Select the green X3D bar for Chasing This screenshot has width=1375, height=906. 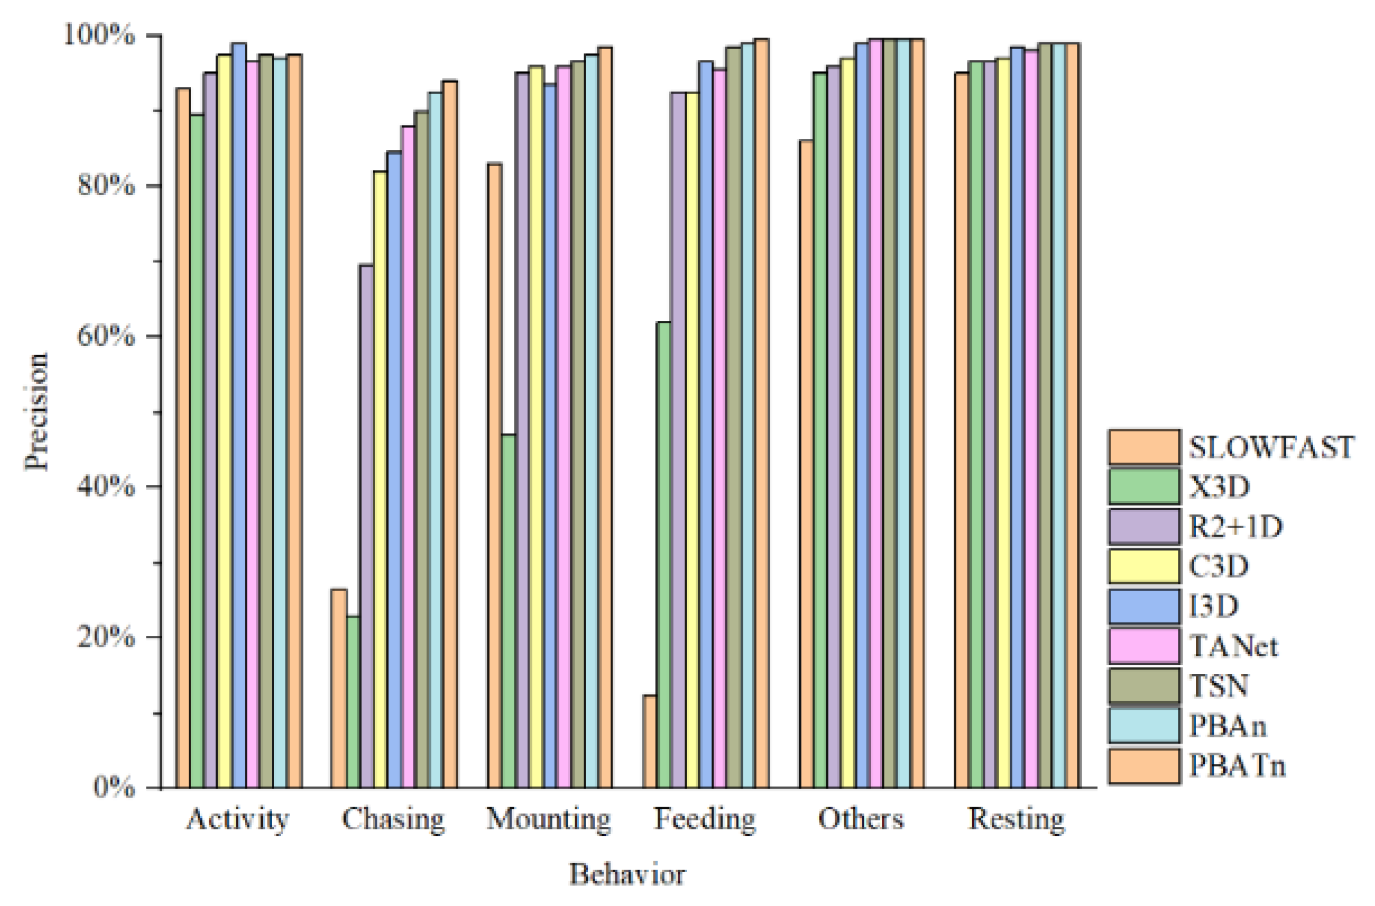click(352, 701)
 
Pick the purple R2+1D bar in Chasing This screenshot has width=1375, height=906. click(365, 526)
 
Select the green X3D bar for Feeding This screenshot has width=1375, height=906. click(663, 555)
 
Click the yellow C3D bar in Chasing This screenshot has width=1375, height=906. click(380, 479)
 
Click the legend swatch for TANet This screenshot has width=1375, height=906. click(1143, 646)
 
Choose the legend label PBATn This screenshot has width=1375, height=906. click(1237, 766)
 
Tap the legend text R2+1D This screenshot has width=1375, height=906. click(1235, 526)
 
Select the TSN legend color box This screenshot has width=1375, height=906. click(1143, 686)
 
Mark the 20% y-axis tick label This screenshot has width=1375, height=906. click(105, 637)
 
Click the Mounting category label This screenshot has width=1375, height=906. click(548, 819)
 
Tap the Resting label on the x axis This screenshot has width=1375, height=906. click(1016, 819)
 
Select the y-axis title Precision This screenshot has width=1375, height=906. click(36, 411)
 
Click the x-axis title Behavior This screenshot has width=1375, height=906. click(627, 874)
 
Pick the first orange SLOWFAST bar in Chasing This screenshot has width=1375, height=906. click(338, 688)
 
